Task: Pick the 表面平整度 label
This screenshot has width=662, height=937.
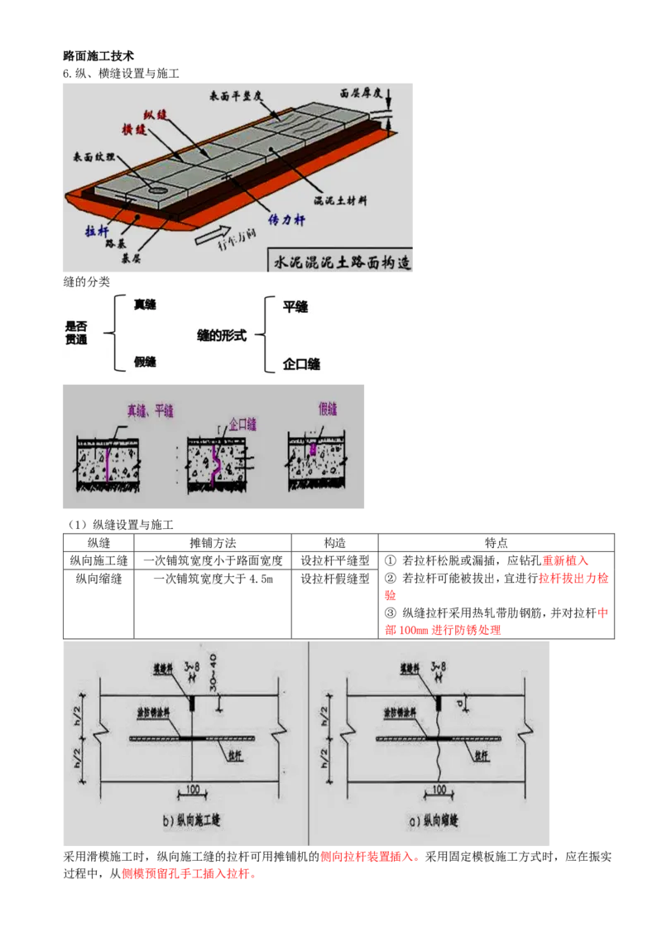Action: pyautogui.click(x=237, y=97)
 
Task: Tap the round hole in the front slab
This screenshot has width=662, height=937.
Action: pyautogui.click(x=156, y=188)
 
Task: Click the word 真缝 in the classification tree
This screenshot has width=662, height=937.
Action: pyautogui.click(x=145, y=305)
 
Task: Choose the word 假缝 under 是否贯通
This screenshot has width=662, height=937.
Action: pyautogui.click(x=145, y=362)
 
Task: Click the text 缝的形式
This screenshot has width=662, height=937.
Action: pyautogui.click(x=221, y=337)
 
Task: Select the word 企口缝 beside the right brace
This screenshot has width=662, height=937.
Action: pyautogui.click(x=301, y=364)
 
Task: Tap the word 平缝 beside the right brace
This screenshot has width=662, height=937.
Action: pyautogui.click(x=295, y=307)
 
